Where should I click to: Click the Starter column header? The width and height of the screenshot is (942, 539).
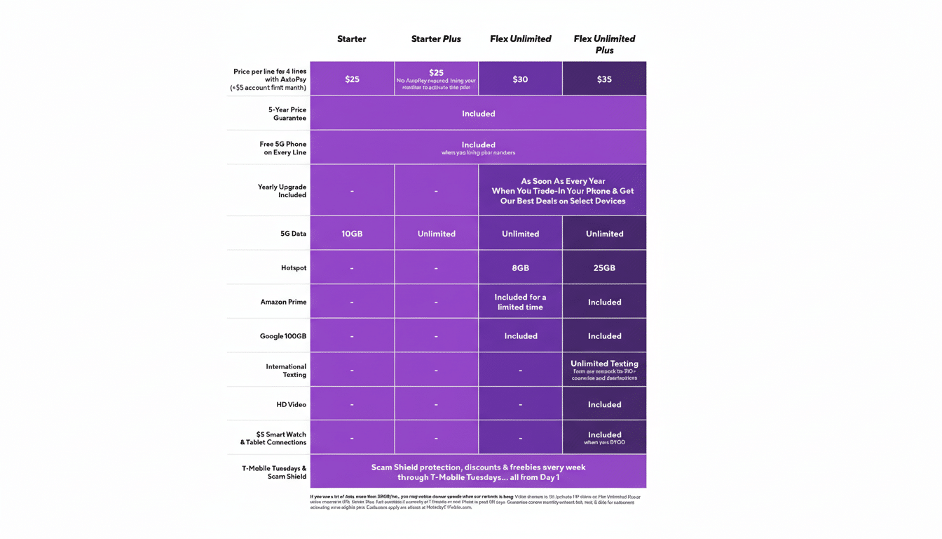(x=352, y=39)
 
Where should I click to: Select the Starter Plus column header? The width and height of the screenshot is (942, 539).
(x=436, y=39)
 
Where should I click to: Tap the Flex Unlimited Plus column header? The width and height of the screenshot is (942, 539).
(x=604, y=44)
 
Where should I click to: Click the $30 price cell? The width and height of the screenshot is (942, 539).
(x=520, y=79)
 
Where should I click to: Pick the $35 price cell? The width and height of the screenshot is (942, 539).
(x=604, y=79)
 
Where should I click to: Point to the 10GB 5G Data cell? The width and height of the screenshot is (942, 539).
(x=352, y=234)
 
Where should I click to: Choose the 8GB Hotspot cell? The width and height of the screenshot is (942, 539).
(x=520, y=268)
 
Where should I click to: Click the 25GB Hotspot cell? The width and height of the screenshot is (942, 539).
(x=604, y=268)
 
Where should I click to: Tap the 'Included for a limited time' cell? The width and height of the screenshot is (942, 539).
(x=520, y=302)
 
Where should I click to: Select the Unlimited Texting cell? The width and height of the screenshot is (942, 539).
(x=604, y=369)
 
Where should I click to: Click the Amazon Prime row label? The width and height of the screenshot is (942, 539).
(x=283, y=302)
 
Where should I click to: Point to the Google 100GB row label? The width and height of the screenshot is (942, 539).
(x=282, y=336)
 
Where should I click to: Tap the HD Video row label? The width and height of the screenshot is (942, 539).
(x=291, y=405)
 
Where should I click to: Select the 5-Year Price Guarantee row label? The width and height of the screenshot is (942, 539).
(x=287, y=114)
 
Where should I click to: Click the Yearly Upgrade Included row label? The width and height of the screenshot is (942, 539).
(x=282, y=191)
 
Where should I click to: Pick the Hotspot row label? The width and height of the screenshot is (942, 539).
(x=293, y=268)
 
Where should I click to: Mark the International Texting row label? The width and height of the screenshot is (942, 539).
(x=285, y=371)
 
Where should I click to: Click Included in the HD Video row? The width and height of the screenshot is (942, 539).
(x=604, y=405)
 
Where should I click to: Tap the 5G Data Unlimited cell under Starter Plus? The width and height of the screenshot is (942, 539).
(x=436, y=234)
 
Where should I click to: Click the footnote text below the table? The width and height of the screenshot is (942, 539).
(x=475, y=502)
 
